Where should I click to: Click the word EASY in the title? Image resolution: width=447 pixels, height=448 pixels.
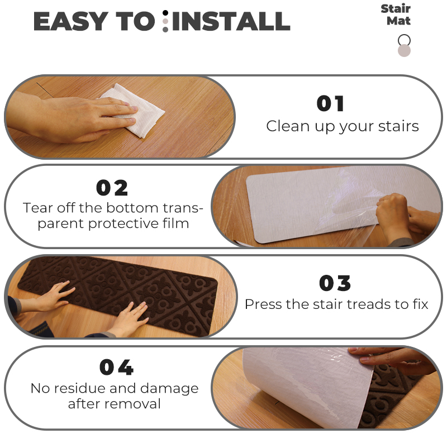71,21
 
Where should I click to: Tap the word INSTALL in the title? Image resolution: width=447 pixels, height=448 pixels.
231,21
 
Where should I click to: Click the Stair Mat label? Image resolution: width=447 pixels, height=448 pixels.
396,15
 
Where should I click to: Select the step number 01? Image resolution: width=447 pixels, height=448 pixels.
330,103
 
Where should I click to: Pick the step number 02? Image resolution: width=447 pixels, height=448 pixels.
112,188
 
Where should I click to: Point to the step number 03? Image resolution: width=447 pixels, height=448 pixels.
335,283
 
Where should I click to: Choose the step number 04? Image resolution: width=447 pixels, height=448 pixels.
117,367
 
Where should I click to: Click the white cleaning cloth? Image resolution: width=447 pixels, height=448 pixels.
134,110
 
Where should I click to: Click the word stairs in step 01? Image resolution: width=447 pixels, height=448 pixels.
398,126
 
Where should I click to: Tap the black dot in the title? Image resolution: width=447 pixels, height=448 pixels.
165,13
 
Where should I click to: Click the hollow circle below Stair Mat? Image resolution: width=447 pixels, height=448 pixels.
404,40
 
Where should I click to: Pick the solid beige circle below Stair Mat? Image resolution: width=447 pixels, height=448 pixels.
404,51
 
